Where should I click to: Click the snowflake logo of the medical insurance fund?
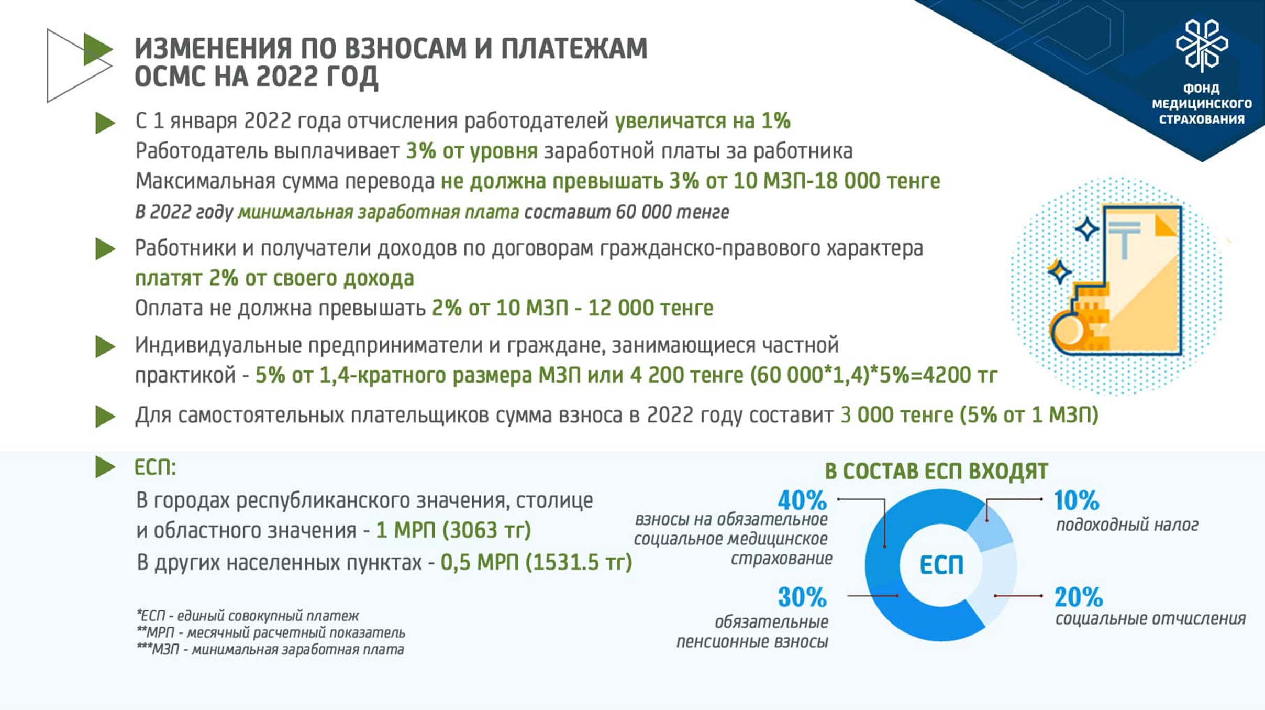[x=1202, y=46]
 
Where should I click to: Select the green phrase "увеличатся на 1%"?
[x=702, y=121]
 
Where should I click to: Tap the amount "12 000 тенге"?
[x=650, y=308]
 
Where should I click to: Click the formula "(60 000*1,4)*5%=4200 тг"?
[x=873, y=375]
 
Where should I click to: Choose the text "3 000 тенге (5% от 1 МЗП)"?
[x=969, y=416]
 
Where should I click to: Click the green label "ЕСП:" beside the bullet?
[x=155, y=467]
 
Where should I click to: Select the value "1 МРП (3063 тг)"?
[x=453, y=530]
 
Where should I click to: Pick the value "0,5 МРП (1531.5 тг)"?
[x=536, y=562]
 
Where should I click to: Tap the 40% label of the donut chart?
[x=802, y=500]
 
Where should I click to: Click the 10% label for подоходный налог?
[x=1077, y=500]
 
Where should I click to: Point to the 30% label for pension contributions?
[x=802, y=597]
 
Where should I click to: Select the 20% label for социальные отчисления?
[x=1079, y=597]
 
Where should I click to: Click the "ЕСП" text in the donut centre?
[x=941, y=565]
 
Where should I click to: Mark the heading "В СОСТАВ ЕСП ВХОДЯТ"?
[x=936, y=471]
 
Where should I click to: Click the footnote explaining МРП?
[x=271, y=632]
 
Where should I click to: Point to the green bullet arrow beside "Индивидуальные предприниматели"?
[x=105, y=347]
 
